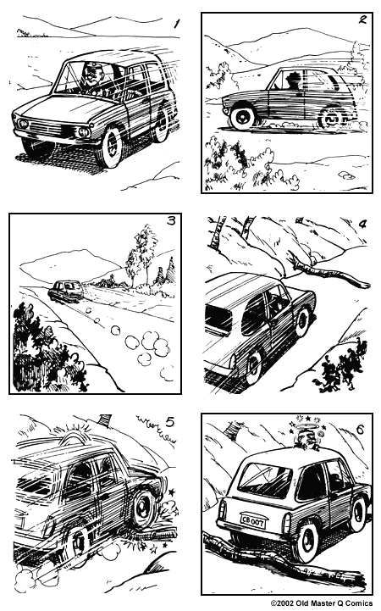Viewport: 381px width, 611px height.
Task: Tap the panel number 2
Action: pyautogui.click(x=362, y=23)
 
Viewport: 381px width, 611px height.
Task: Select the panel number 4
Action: pyautogui.click(x=362, y=225)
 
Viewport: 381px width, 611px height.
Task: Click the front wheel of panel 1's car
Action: pyautogui.click(x=108, y=146)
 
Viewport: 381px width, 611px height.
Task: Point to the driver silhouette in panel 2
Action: pyautogui.click(x=293, y=81)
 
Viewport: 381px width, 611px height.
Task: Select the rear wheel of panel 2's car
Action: pyautogui.click(x=329, y=119)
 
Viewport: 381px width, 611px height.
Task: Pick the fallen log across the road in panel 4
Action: pyautogui.click(x=326, y=275)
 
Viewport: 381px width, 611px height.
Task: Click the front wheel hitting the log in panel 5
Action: pyautogui.click(x=141, y=508)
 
